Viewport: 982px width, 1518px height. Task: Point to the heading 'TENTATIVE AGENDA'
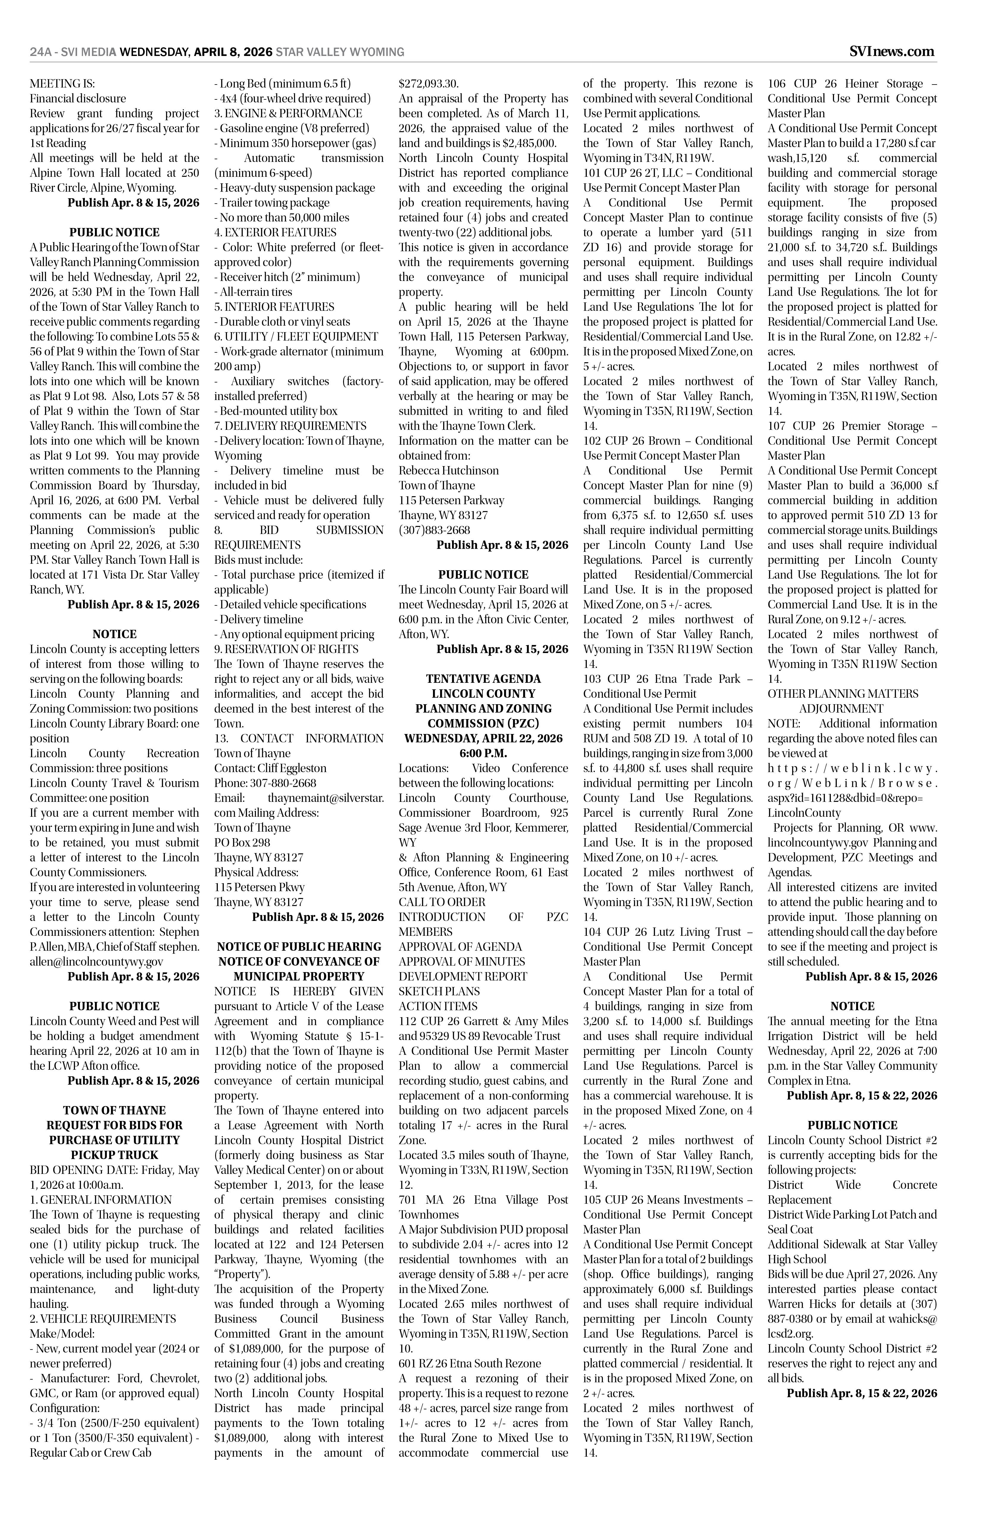[x=483, y=679]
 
